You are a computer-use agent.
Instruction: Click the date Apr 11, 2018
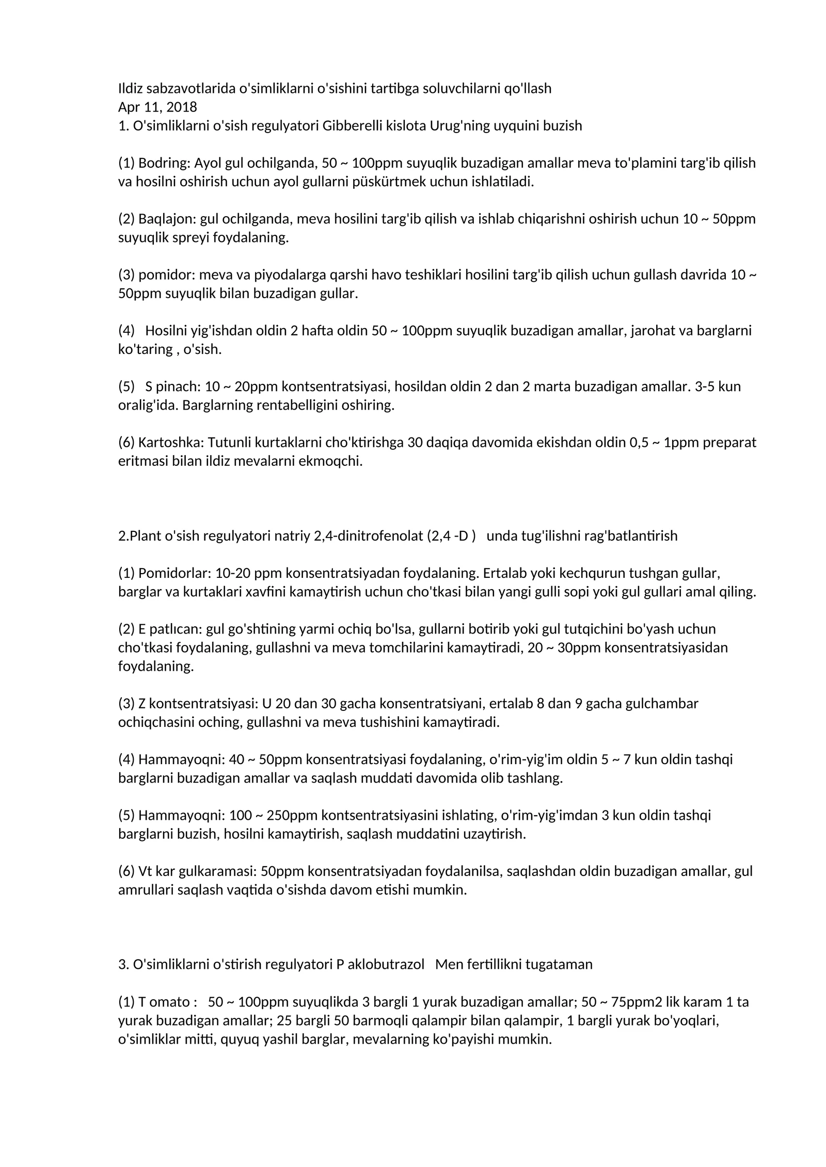click(x=157, y=107)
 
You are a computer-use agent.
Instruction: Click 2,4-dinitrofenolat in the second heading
click(x=368, y=536)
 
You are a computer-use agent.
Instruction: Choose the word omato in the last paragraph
click(x=168, y=1002)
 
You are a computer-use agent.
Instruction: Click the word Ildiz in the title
click(x=131, y=89)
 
